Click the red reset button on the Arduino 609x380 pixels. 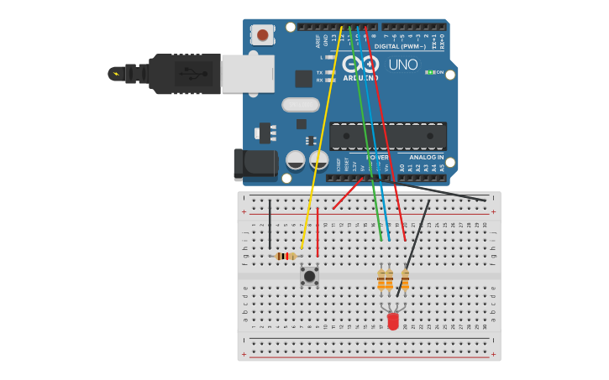pos(263,34)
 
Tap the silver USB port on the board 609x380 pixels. pos(247,74)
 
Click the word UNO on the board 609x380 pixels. pos(403,65)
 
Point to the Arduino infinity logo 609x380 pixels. pos(360,64)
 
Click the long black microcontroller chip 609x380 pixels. pos(387,136)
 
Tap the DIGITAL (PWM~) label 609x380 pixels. pos(398,46)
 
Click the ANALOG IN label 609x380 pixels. pos(426,157)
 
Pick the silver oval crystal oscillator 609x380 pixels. pos(300,105)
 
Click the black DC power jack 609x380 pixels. pos(255,164)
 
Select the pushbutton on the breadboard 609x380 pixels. pos(309,275)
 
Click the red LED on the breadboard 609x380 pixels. pos(393,320)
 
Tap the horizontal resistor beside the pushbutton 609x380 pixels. pos(286,256)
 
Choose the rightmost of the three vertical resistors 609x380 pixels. pos(405,279)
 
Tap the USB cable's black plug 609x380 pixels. pos(181,74)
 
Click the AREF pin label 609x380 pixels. pos(318,39)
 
